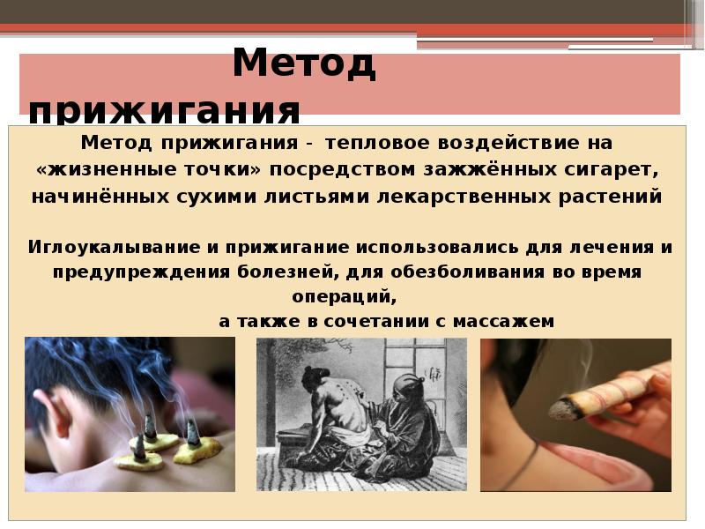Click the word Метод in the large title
tap(304, 66)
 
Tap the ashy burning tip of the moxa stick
tap(561, 408)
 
